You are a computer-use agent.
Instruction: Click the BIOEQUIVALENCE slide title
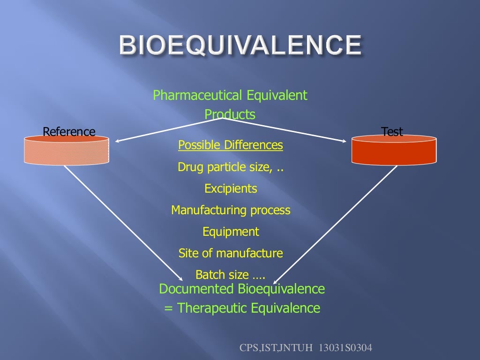coord(240,46)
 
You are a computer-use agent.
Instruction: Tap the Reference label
coord(69,132)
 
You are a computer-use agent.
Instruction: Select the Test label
coord(392,132)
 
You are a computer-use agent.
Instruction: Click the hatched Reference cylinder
coord(67,150)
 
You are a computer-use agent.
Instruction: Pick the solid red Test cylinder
coord(394,150)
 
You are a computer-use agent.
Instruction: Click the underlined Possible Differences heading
coord(231,145)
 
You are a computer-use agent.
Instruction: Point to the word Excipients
coord(231,188)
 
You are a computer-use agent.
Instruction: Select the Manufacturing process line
coord(231,210)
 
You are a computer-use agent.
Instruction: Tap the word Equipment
coord(231,232)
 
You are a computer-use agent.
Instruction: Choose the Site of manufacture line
coord(231,254)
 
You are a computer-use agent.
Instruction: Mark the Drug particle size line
coord(231,167)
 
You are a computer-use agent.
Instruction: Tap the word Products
coord(230,114)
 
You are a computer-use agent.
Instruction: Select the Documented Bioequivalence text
coord(242,289)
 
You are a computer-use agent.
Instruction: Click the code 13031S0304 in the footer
coord(345,348)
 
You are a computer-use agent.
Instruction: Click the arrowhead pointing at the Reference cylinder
coord(118,140)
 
